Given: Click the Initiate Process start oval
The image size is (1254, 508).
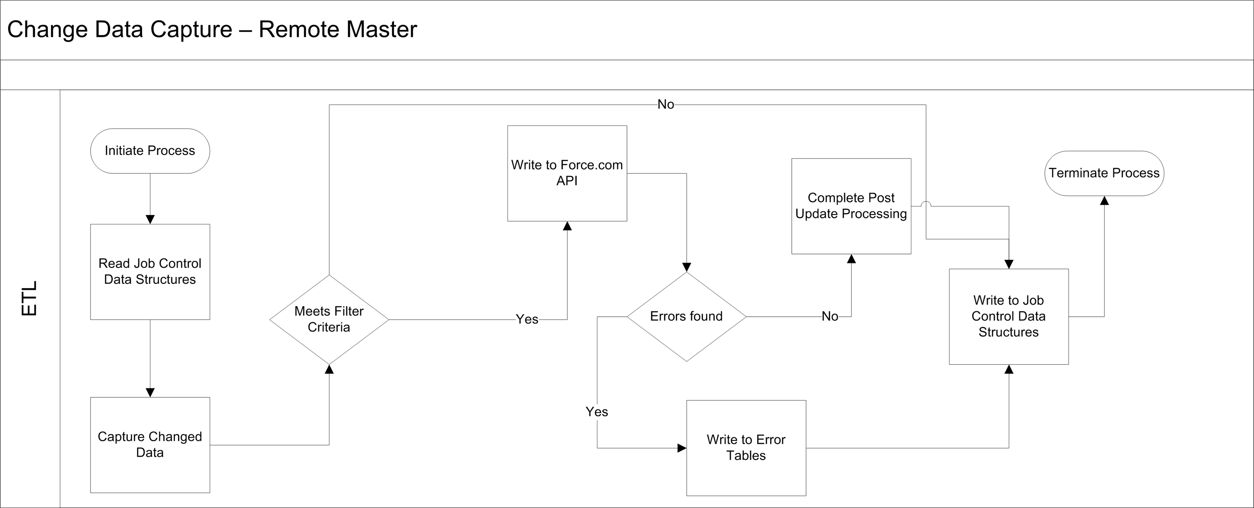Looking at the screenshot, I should coord(150,151).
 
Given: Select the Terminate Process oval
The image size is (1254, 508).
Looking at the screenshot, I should coord(1104,173).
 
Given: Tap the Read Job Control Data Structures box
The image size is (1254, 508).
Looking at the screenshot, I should coord(150,272).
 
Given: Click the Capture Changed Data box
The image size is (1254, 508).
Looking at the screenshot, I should coord(150,445).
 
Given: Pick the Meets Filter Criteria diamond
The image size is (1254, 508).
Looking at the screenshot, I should coord(329,319).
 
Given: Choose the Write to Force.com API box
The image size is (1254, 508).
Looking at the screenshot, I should coord(567,173).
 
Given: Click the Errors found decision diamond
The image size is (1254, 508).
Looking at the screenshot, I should coord(687,317).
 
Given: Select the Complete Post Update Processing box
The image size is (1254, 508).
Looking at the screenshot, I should coord(851,206).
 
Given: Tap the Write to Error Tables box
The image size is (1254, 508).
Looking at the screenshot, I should coord(746,448).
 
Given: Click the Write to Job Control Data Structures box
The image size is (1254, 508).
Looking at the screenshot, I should coord(1009,317).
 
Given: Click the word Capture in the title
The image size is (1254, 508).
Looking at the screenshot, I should coord(191,29).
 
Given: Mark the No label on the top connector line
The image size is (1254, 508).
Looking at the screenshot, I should coord(666,105).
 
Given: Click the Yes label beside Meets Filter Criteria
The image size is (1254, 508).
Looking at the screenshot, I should coord(527,319).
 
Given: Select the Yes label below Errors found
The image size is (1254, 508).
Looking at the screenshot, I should coord(597,412).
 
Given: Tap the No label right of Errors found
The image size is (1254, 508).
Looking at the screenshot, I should coord(830,317).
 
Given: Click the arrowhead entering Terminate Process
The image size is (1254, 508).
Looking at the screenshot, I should coord(1104,201).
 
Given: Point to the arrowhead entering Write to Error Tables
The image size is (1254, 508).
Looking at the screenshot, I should coord(682,448).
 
